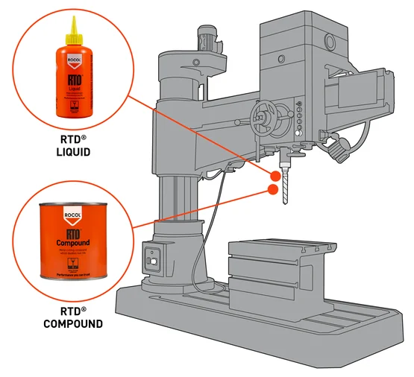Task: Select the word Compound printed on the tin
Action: (72, 243)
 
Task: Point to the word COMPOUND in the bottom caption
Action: (72, 324)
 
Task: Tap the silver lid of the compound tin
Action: (72, 208)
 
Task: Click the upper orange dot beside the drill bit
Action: (276, 177)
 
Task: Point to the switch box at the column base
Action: (153, 261)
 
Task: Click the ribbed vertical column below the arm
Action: (178, 197)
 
